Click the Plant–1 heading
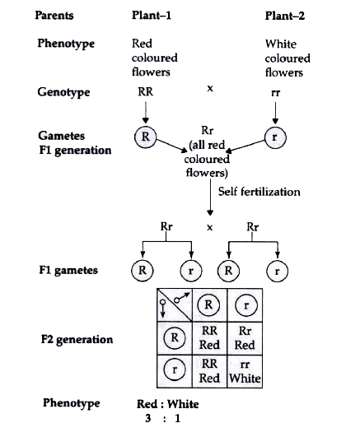[x=152, y=16]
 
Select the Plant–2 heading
[x=284, y=16]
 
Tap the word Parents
[x=54, y=16]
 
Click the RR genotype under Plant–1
[x=146, y=91]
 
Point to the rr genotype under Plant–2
[x=275, y=93]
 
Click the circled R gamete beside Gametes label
[x=145, y=137]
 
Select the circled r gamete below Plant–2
[x=275, y=137]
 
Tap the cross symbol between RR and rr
[x=210, y=89]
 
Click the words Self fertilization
[x=259, y=192]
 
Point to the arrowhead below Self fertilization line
[x=210, y=213]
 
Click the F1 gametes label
[x=68, y=270]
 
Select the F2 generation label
[x=77, y=339]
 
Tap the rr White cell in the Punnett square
[x=245, y=371]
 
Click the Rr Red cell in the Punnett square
[x=245, y=338]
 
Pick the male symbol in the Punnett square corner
[x=181, y=298]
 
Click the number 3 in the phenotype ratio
[x=147, y=418]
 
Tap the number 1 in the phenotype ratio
[x=177, y=418]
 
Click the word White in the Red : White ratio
[x=183, y=404]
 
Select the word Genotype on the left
[x=63, y=92]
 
